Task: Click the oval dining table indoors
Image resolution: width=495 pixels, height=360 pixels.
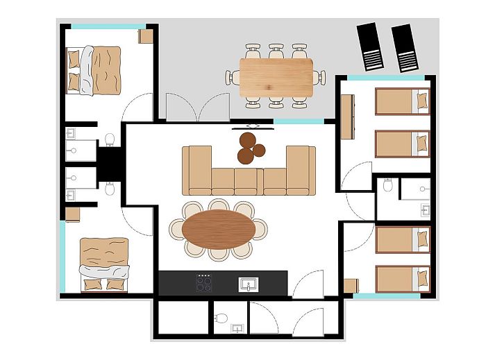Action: click(218, 229)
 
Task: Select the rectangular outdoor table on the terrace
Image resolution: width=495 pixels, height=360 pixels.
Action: click(276, 76)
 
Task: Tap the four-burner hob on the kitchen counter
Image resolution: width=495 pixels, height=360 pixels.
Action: click(204, 282)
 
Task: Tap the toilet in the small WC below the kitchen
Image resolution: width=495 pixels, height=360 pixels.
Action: click(221, 318)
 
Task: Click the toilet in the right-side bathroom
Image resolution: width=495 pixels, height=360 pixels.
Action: click(387, 185)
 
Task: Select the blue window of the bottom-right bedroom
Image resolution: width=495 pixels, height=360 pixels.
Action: click(387, 296)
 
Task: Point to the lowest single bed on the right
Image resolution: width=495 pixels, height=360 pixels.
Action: click(403, 278)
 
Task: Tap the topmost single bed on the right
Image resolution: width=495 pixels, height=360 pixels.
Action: click(403, 101)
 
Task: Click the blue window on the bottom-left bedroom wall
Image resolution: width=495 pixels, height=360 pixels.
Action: click(62, 257)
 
